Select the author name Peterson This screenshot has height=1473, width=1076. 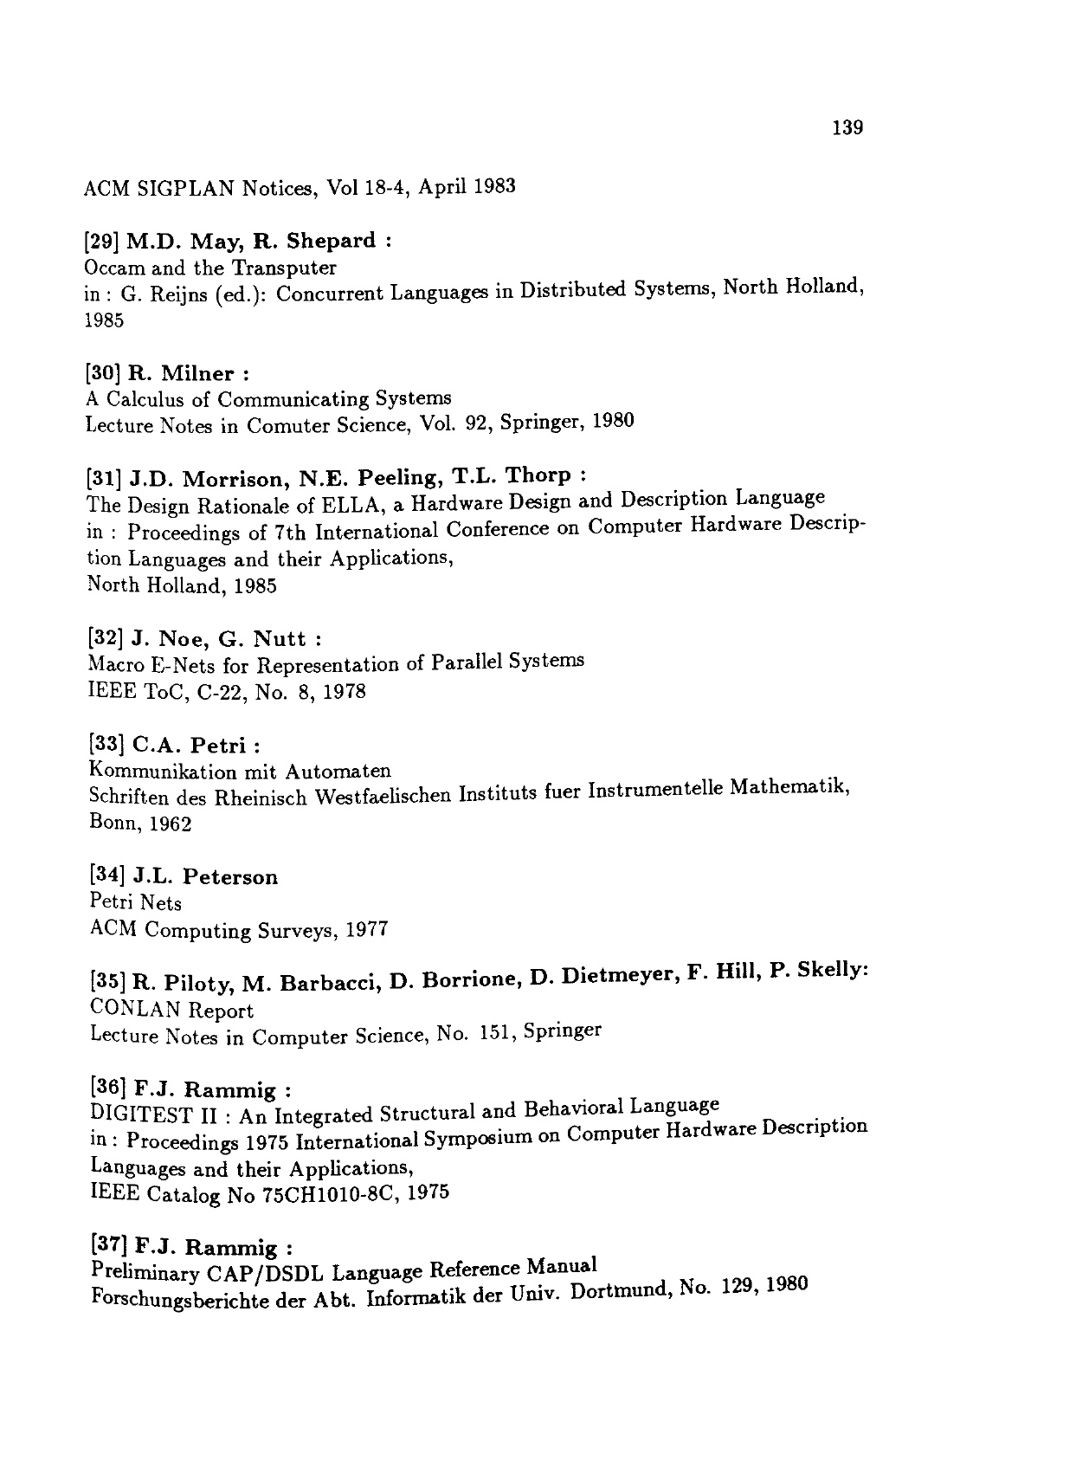coord(231,877)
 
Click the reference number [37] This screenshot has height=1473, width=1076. coord(108,1247)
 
